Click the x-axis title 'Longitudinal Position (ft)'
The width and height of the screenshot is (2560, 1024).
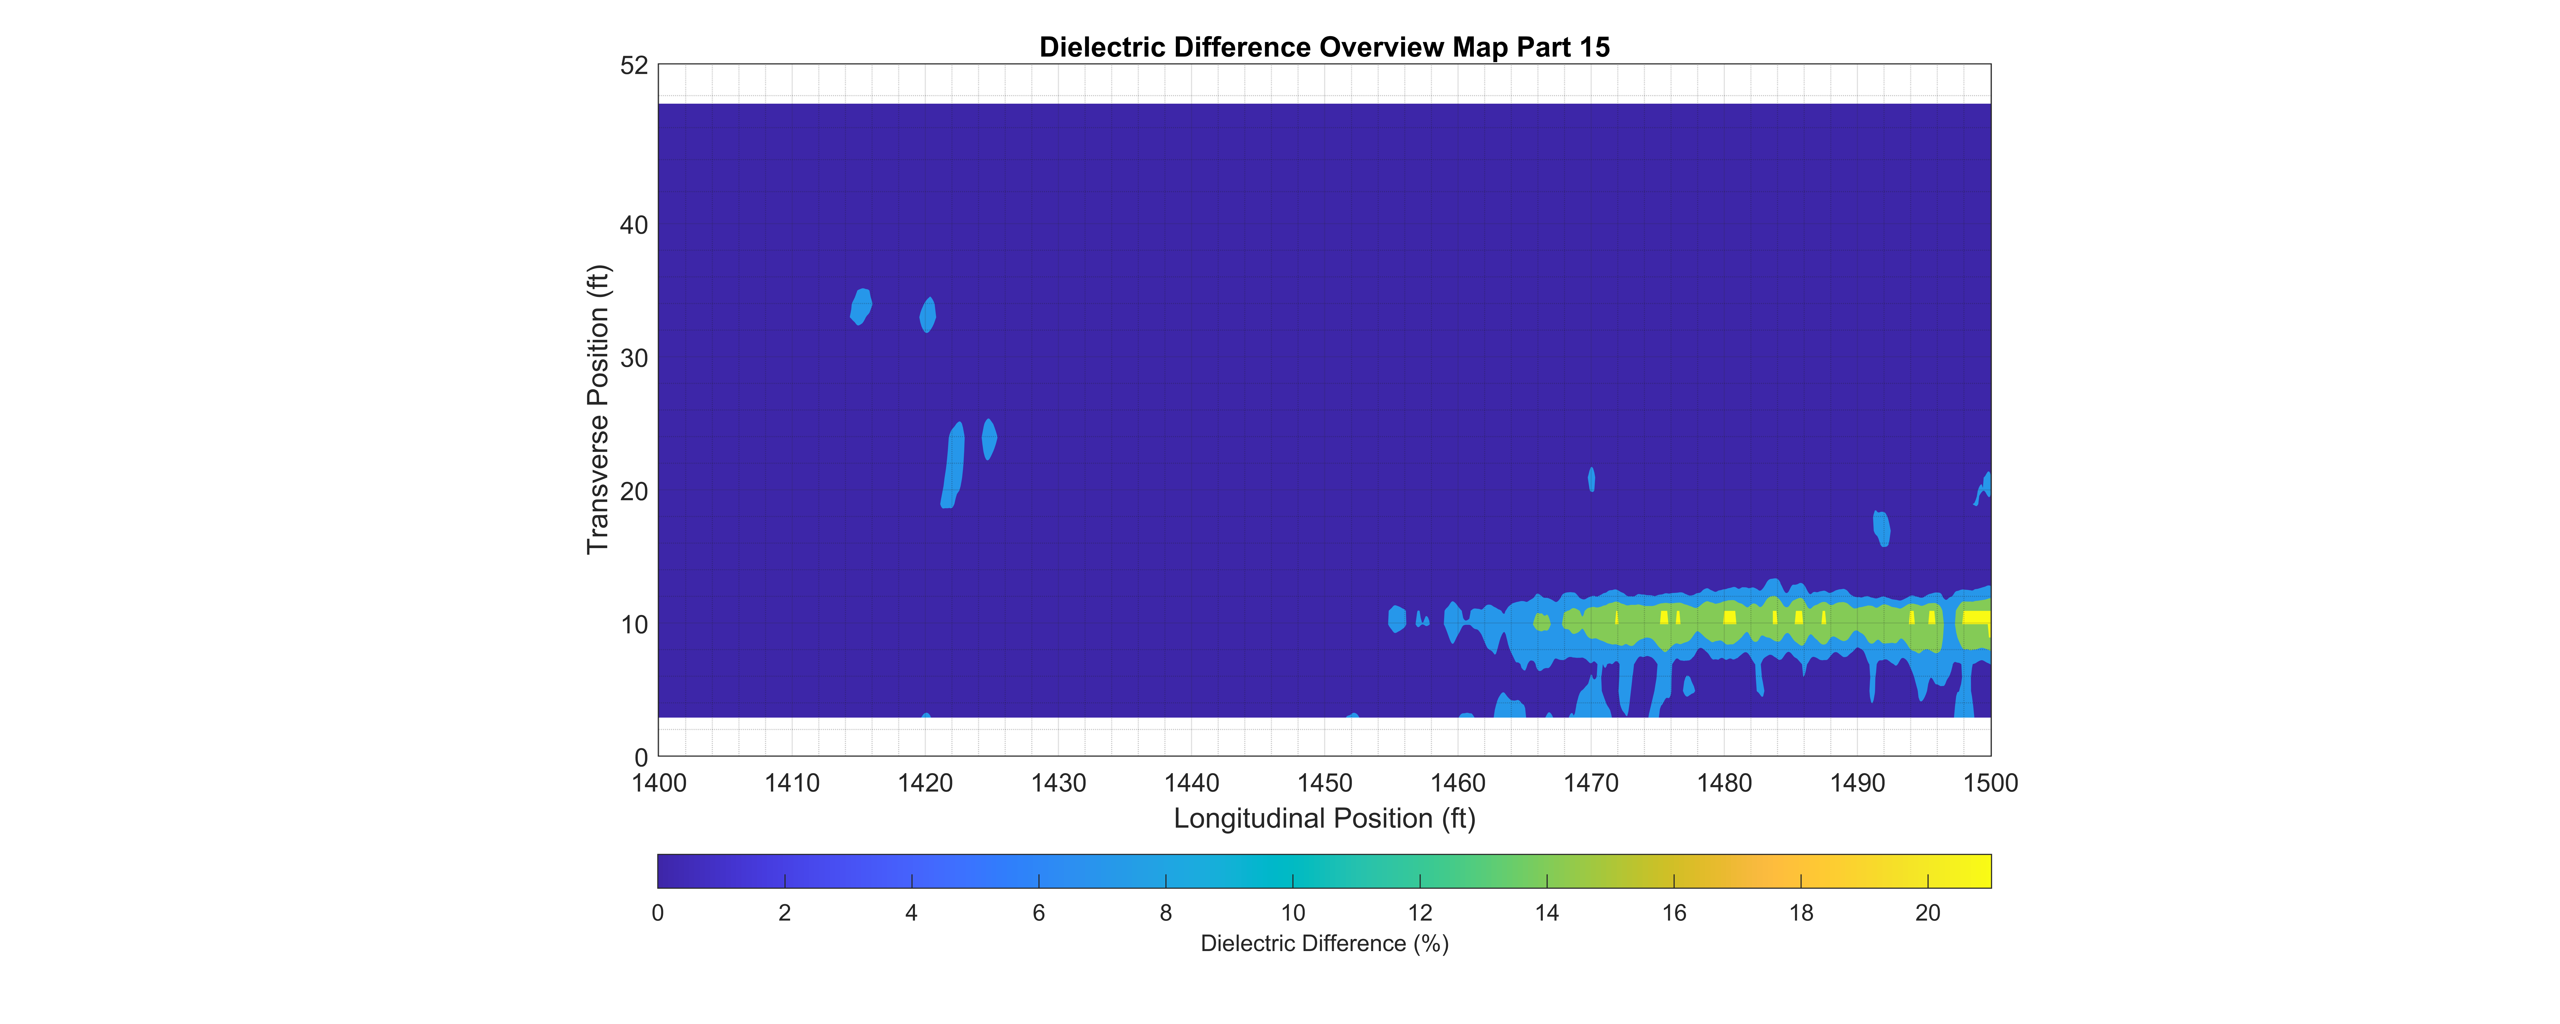coord(1324,818)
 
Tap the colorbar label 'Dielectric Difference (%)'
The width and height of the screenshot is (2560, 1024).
coord(1324,943)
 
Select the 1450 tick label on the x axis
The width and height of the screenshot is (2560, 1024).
coord(1325,783)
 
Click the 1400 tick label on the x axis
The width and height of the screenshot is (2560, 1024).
coord(659,783)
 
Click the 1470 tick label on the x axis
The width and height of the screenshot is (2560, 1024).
coord(1591,783)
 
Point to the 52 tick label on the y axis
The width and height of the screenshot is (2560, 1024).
coord(634,66)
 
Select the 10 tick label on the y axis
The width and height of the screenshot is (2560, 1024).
coord(634,624)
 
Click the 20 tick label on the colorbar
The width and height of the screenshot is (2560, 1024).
coord(1928,913)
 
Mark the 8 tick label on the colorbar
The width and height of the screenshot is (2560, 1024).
coord(1166,913)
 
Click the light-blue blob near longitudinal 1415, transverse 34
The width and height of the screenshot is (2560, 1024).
coord(861,306)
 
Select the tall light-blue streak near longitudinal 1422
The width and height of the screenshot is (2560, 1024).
coord(952,465)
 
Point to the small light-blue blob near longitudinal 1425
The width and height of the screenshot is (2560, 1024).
coord(989,439)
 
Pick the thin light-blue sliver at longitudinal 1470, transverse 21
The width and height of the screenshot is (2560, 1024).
coord(1591,479)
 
